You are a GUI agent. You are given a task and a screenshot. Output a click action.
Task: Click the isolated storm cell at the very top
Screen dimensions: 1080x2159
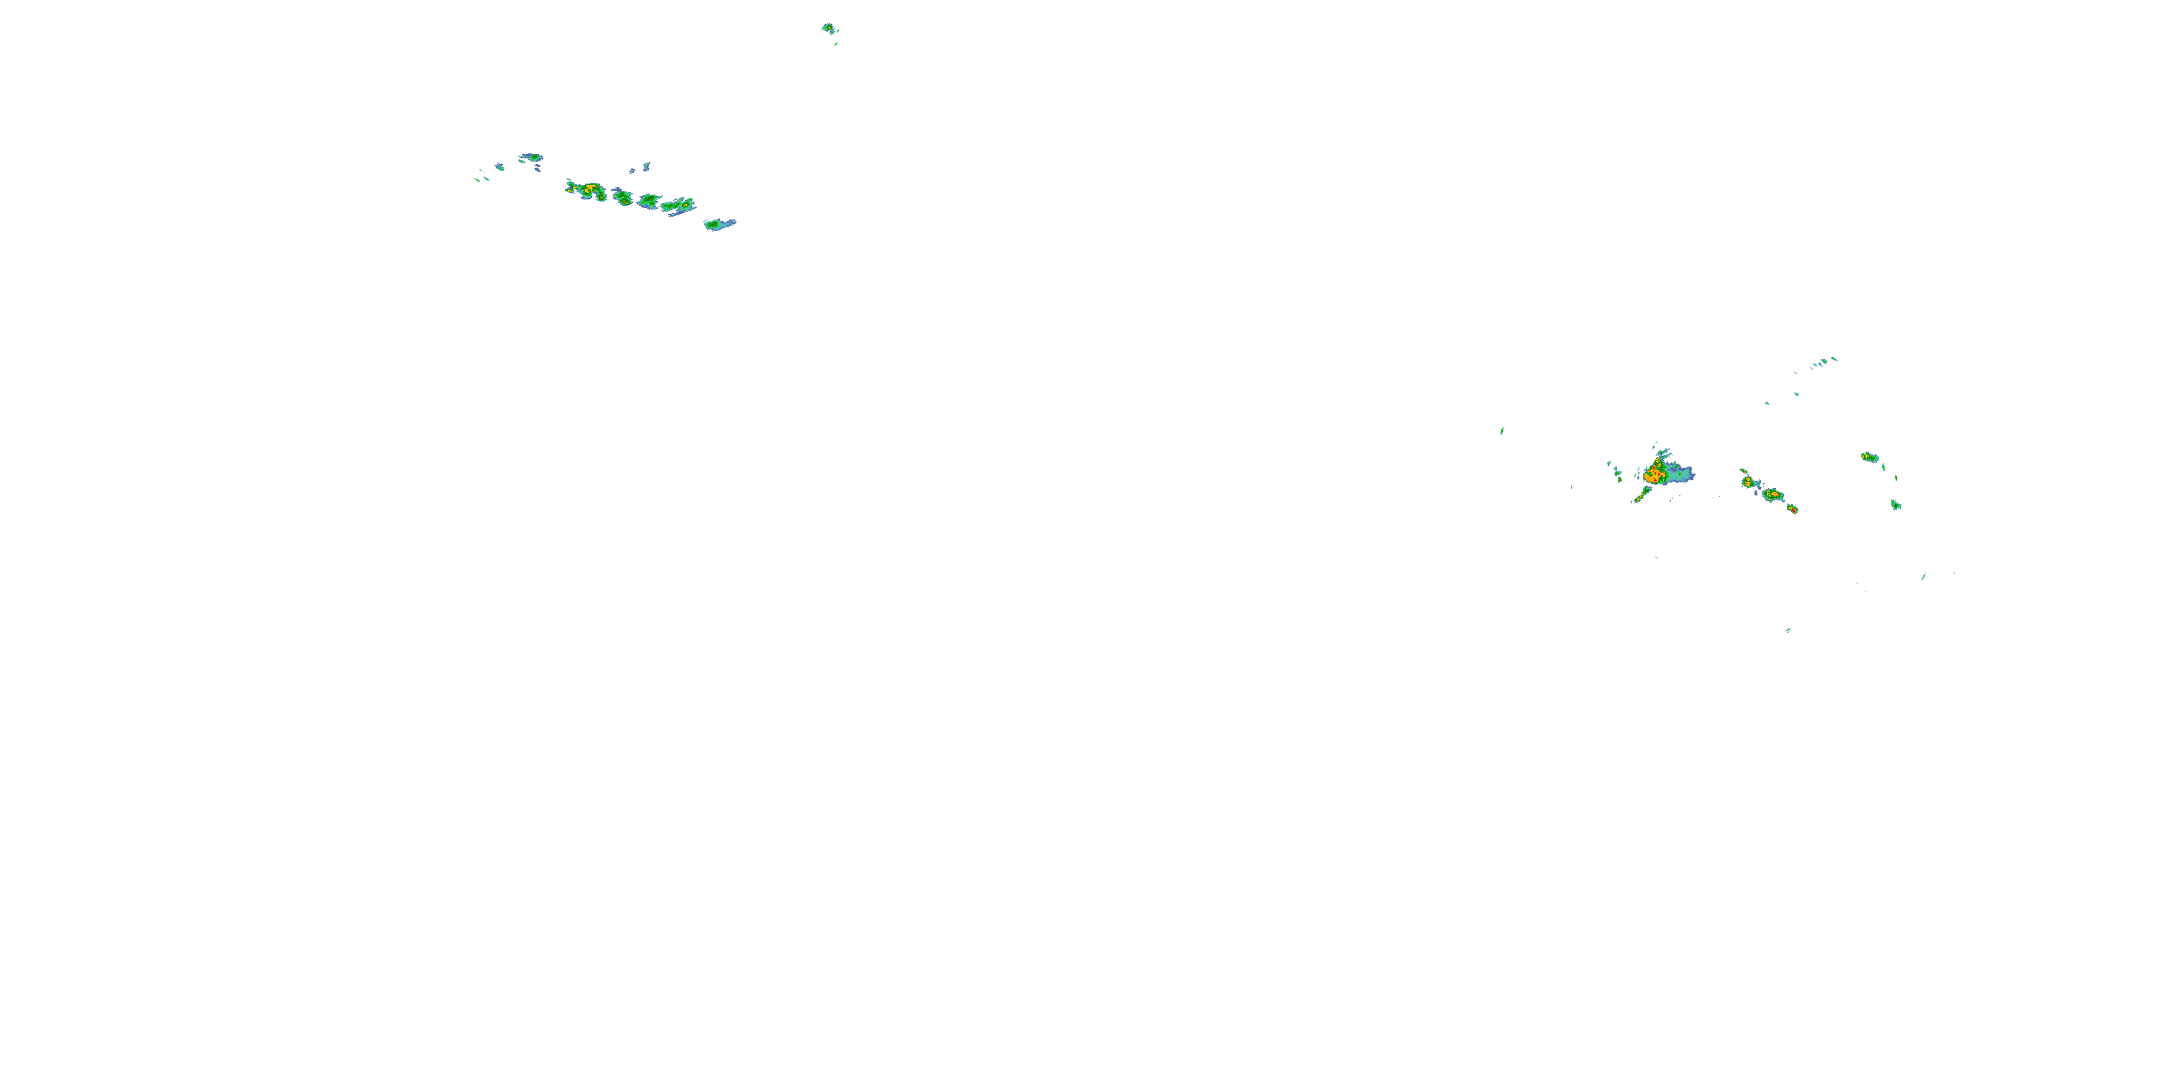[x=828, y=27]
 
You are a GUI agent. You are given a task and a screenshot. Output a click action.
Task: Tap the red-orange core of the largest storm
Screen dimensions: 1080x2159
[x=1654, y=474]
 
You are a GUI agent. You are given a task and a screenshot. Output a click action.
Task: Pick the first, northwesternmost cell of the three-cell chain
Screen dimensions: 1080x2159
[x=1748, y=482]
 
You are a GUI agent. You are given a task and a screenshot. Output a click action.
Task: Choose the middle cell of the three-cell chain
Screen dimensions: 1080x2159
[x=1772, y=495]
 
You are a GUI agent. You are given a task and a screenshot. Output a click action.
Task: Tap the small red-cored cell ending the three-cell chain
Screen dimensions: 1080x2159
[x=1792, y=509]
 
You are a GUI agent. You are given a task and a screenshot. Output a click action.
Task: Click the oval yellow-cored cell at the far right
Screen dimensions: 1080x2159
[x=1870, y=457]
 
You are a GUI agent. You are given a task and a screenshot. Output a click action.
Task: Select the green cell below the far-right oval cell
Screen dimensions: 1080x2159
[x=1896, y=505]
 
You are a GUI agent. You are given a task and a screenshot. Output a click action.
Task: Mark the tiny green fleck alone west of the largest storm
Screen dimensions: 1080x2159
[x=1502, y=431]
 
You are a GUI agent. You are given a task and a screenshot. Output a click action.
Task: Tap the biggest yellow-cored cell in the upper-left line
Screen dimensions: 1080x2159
[x=590, y=190]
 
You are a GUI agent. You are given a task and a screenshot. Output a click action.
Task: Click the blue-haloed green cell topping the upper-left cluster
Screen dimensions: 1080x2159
[x=531, y=157]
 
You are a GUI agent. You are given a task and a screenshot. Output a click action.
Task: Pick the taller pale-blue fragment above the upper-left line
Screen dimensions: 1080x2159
[x=646, y=166]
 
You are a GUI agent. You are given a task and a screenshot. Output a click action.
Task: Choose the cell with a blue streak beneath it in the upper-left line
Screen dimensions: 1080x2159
[x=681, y=204]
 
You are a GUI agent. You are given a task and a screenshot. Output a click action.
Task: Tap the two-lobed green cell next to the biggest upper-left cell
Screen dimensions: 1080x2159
[x=623, y=197]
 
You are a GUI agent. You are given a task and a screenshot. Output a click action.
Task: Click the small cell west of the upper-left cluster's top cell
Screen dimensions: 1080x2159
[x=499, y=167]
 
